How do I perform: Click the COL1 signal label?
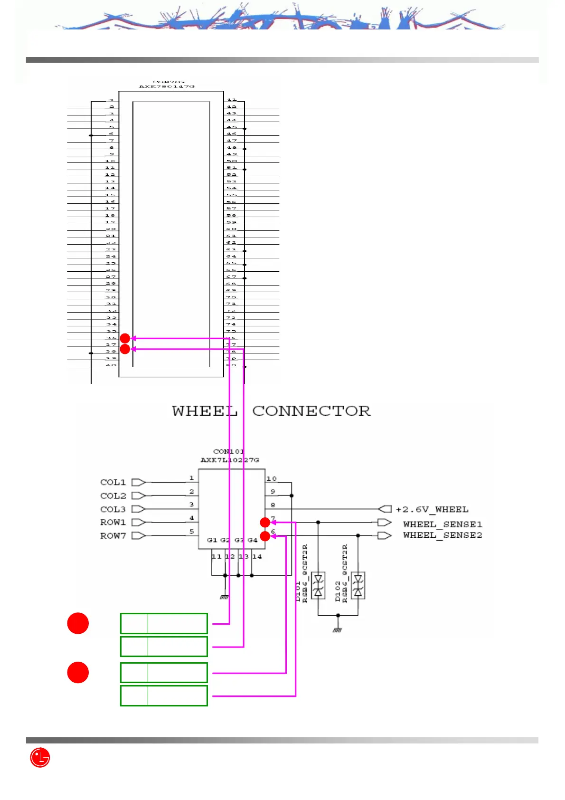click(113, 482)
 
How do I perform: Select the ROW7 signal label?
click(113, 536)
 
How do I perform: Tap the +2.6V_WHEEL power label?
click(432, 509)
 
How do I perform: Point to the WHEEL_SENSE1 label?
click(443, 524)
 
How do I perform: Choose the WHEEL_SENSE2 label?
click(443, 535)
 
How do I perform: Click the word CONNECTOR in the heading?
click(311, 411)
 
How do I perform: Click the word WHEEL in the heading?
click(205, 411)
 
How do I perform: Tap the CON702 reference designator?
click(169, 82)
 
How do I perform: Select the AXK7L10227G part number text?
click(230, 460)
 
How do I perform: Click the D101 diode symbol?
click(318, 585)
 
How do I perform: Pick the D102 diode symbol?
click(358, 585)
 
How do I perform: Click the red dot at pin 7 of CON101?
click(265, 523)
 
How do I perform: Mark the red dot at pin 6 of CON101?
click(265, 536)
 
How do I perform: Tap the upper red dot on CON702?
click(125, 338)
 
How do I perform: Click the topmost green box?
click(164, 624)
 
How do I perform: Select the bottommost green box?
click(164, 696)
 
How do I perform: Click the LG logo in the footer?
click(40, 758)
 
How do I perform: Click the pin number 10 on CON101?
click(272, 478)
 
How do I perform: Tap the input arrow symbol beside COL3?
click(138, 509)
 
